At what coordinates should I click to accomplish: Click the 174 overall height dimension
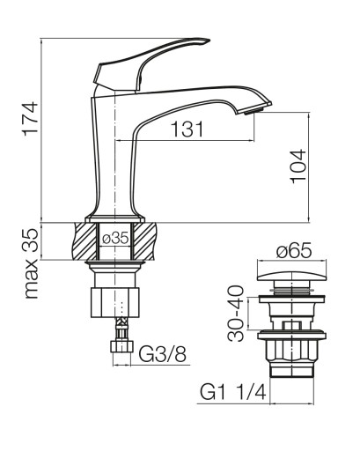(31, 118)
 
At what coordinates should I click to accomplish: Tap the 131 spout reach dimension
(187, 129)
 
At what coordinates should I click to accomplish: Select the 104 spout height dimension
(298, 166)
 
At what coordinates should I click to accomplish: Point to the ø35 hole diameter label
(115, 238)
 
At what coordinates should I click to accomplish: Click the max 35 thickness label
(31, 263)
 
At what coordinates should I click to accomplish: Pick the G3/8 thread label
(162, 354)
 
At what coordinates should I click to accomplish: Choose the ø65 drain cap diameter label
(294, 251)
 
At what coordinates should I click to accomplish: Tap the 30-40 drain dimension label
(236, 314)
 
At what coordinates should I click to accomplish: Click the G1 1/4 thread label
(233, 392)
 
